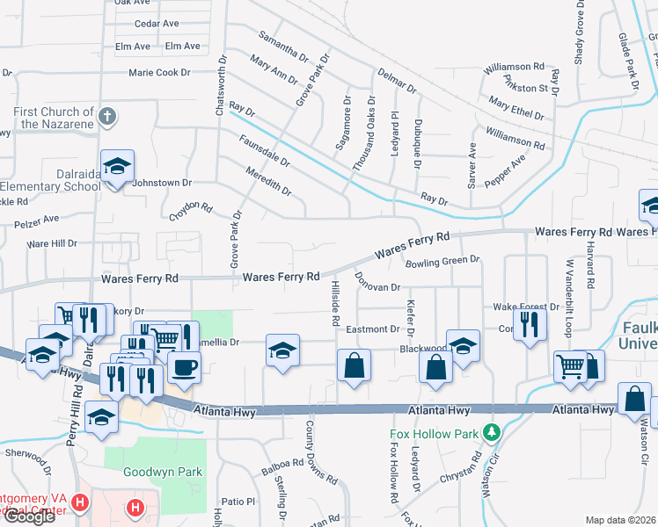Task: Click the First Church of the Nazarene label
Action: point(53,118)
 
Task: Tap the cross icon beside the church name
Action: point(107,116)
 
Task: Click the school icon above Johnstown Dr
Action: point(116,167)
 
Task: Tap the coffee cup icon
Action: point(184,367)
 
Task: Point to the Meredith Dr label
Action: point(268,182)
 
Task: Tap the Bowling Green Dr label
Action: point(442,260)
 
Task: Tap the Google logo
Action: point(28,516)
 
